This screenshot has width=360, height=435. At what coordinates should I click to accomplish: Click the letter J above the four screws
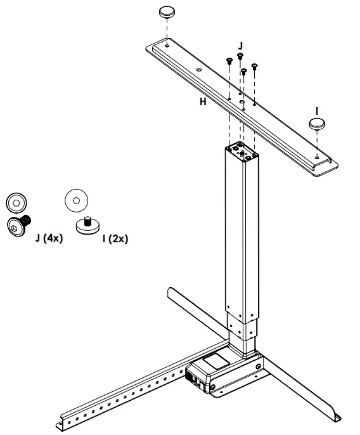click(x=240, y=46)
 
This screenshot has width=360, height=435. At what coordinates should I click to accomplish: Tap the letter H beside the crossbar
click(x=203, y=101)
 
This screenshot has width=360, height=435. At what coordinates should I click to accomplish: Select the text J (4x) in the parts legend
click(x=49, y=238)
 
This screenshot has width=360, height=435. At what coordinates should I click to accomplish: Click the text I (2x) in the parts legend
click(x=115, y=238)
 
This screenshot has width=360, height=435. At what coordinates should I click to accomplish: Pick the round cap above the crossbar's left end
click(x=167, y=11)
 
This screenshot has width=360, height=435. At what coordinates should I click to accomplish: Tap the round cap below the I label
click(x=318, y=122)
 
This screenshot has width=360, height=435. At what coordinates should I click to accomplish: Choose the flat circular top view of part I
click(x=76, y=200)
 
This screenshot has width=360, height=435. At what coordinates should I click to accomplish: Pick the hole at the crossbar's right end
click(x=316, y=154)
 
